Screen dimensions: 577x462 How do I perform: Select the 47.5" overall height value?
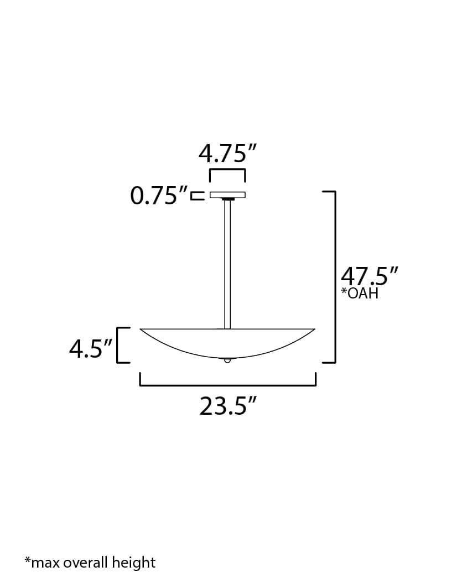[x=369, y=276]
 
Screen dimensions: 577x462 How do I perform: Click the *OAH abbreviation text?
[x=360, y=293]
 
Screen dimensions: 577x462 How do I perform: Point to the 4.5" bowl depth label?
[x=90, y=349]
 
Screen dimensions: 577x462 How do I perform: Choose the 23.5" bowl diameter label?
[x=229, y=407]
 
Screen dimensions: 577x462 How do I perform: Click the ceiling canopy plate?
[x=227, y=195]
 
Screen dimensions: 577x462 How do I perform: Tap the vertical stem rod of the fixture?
[x=227, y=263]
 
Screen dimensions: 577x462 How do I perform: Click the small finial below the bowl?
[x=227, y=360]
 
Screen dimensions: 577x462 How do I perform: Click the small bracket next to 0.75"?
[x=198, y=195]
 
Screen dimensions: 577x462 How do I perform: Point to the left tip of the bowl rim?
[x=142, y=330]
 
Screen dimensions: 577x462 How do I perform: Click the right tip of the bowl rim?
[x=314, y=330]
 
